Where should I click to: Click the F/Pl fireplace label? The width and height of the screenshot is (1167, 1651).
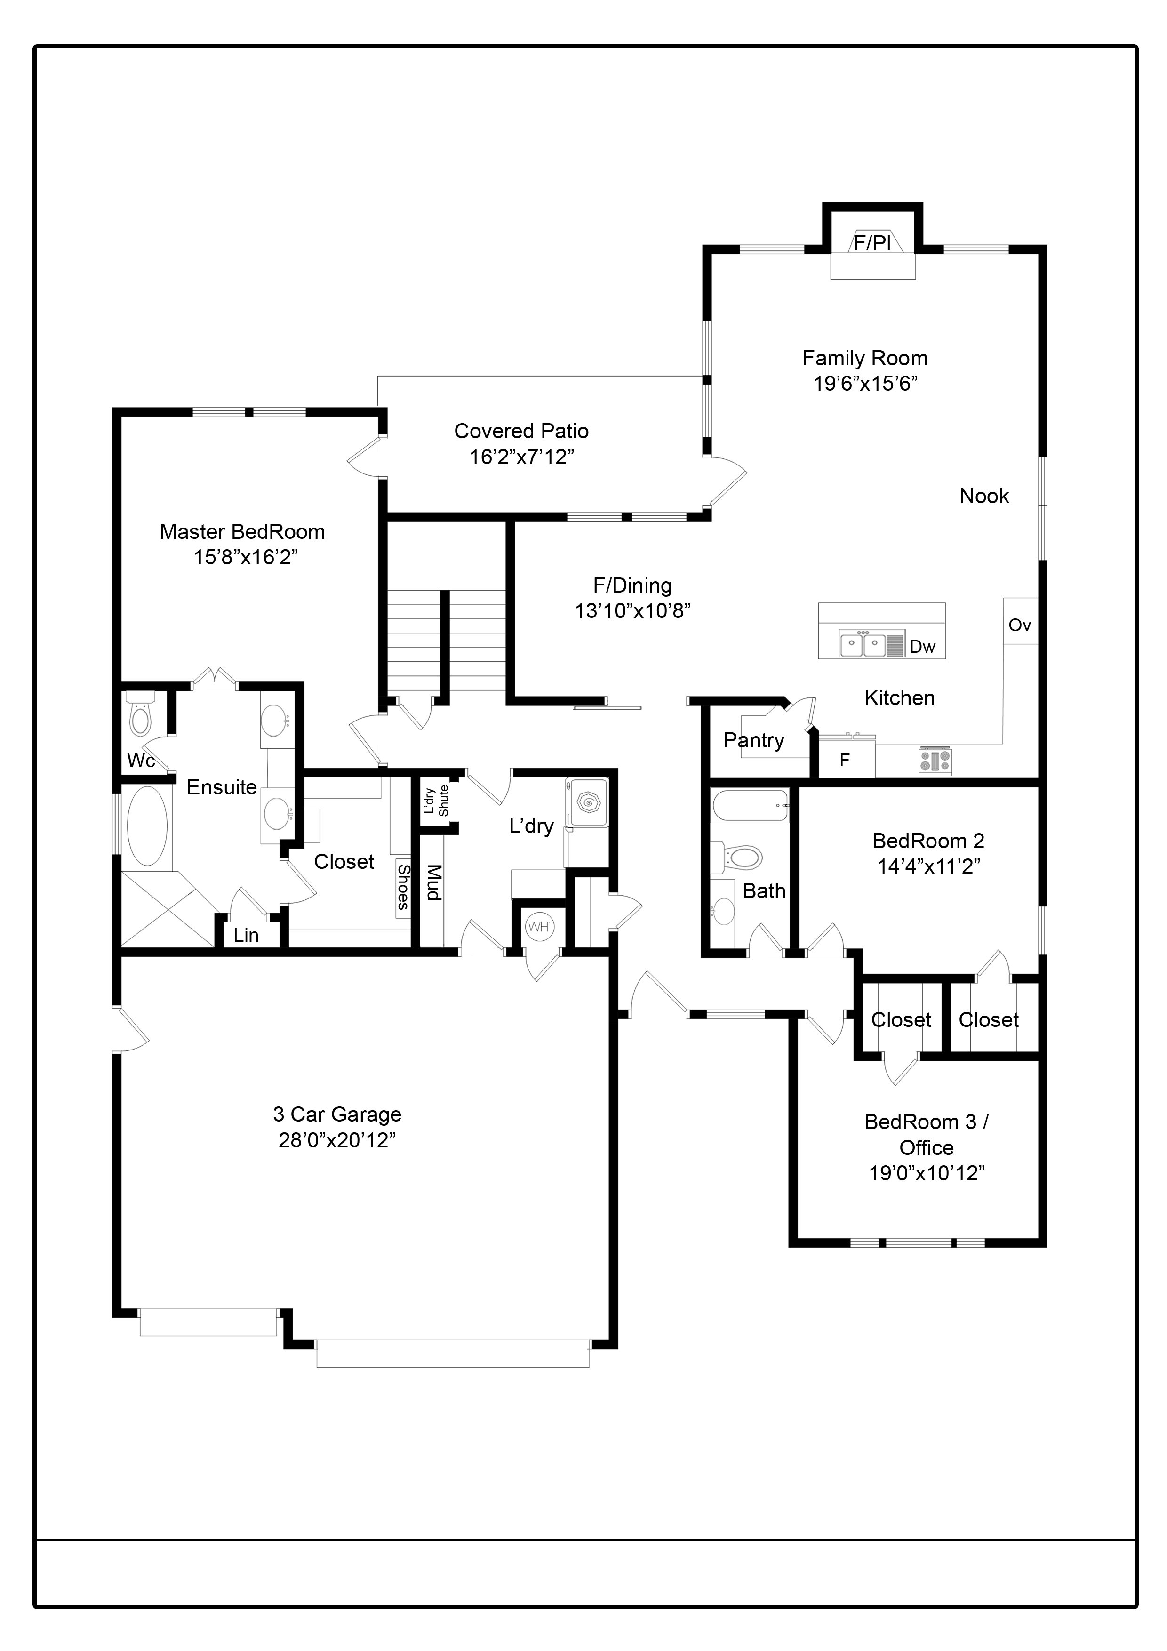[872, 242]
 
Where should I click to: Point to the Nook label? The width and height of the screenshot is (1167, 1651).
[984, 496]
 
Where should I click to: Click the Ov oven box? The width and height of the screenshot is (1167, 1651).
[1020, 621]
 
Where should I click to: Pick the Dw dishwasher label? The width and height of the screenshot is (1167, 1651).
[922, 647]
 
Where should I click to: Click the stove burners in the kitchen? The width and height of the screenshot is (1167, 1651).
[935, 761]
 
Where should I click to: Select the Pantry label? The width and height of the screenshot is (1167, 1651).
[753, 741]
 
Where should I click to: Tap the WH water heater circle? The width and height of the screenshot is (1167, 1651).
[538, 926]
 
